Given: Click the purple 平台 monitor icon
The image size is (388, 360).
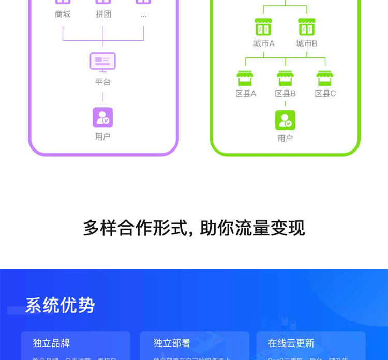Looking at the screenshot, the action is (x=102, y=62).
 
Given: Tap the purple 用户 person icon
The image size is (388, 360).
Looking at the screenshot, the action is (x=102, y=117).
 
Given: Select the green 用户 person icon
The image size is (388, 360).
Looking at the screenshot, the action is (x=285, y=120).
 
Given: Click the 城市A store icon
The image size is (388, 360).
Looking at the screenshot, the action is (x=263, y=27).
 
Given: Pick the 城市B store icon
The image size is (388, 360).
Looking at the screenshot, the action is (x=307, y=27).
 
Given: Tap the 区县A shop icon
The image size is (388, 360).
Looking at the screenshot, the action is (x=245, y=78).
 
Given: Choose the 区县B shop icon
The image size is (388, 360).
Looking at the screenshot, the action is (x=285, y=78).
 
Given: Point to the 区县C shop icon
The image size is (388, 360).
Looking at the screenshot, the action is (x=325, y=78).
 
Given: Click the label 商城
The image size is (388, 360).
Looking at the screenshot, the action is (x=63, y=14).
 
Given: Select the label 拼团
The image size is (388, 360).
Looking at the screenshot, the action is (x=103, y=14).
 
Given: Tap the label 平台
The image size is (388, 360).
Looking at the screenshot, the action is (x=102, y=82).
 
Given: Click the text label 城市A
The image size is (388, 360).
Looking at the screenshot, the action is (x=264, y=43).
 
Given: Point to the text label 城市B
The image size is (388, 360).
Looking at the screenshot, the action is (x=307, y=43).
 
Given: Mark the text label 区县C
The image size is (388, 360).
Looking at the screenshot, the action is (x=325, y=94).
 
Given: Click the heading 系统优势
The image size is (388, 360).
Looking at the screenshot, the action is (x=60, y=305).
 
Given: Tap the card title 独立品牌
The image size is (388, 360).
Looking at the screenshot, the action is (x=51, y=343).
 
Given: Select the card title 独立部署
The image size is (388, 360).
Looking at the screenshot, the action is (x=172, y=343).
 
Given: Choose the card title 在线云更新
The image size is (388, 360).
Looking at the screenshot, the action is (x=291, y=343).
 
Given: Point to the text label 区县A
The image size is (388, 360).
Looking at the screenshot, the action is (x=246, y=94).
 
